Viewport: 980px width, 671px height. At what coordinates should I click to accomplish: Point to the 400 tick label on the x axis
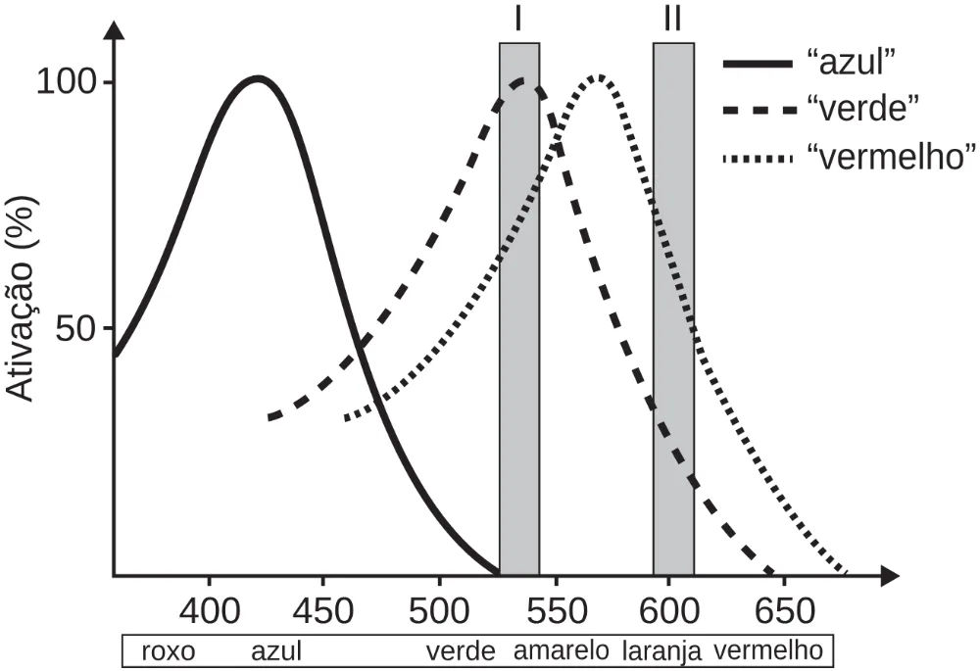(210, 611)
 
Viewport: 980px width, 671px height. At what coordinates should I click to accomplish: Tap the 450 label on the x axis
(323, 611)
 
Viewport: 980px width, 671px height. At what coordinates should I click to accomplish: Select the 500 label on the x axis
(439, 611)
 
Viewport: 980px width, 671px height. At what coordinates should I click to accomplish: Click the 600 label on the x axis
(669, 611)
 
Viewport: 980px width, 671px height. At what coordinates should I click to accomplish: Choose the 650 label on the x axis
(785, 611)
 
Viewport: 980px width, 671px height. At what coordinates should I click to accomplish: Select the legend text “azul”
(853, 63)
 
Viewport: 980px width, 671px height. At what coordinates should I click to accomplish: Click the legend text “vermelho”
(892, 157)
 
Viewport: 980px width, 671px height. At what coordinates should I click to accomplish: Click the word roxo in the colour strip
(169, 651)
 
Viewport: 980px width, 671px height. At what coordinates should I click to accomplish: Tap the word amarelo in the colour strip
(562, 650)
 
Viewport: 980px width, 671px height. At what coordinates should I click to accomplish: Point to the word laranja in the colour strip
(662, 652)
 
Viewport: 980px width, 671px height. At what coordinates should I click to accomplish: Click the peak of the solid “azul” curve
(258, 78)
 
